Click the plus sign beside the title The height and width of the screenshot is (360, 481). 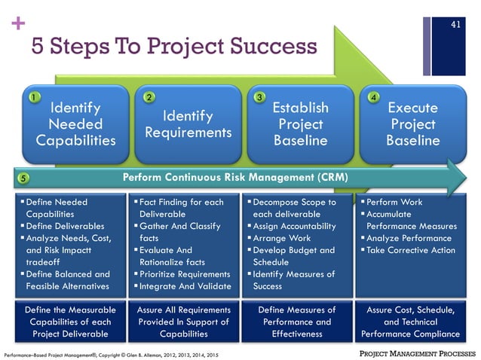coord(14,23)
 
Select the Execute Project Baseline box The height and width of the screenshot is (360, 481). coord(412,124)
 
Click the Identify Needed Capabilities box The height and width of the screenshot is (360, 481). coord(75,124)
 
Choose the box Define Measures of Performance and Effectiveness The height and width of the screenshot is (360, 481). coord(296,322)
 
